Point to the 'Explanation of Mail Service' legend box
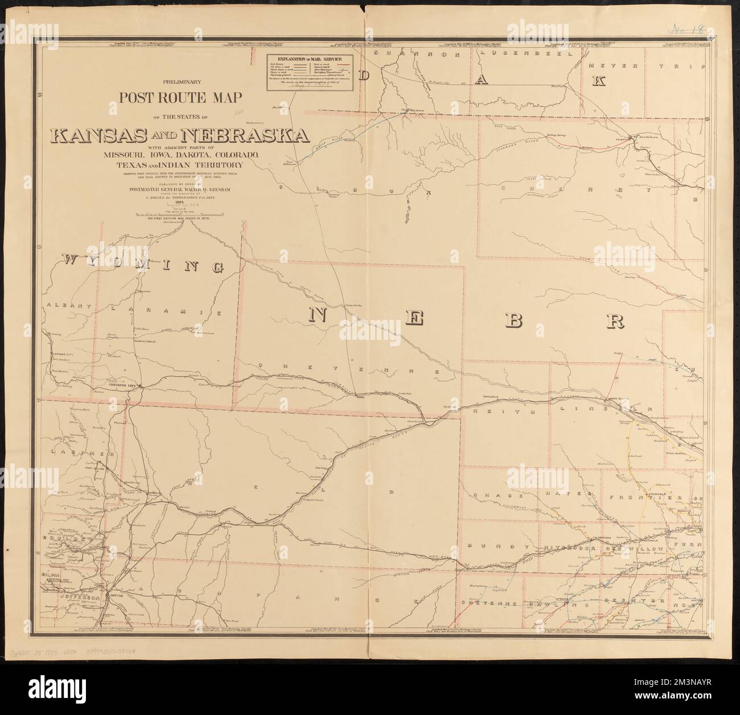310,71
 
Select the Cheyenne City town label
123,386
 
